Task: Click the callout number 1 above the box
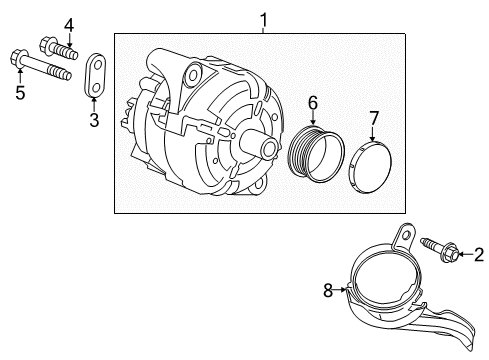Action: pos(263,19)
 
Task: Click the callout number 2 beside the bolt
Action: pos(479,255)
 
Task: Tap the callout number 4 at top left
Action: pos(41,24)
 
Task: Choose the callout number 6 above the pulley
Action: pos(312,102)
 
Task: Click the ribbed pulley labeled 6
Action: pos(313,163)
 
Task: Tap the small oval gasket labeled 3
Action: pos(96,78)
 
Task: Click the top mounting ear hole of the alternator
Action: pos(190,73)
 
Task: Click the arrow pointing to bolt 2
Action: pos(465,255)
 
